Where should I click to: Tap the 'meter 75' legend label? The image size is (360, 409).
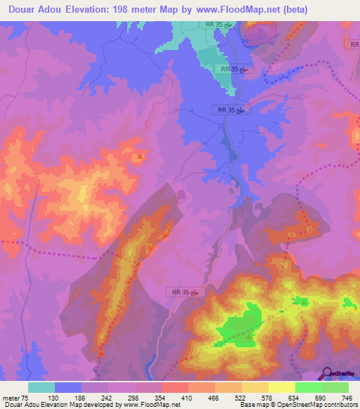pos(15,398)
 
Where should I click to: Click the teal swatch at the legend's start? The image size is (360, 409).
pos(41,387)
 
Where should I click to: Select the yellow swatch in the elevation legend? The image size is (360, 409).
pos(281,387)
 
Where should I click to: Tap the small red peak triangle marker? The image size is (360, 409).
pos(141,156)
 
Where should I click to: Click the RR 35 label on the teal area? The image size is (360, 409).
pos(234,70)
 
